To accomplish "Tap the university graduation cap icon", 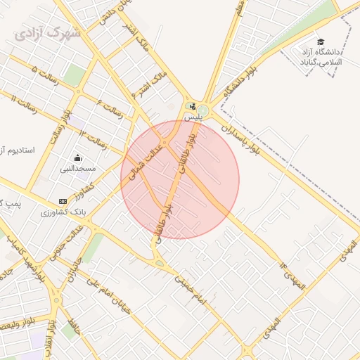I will click(x=321, y=41).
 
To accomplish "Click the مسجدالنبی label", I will click(x=77, y=169).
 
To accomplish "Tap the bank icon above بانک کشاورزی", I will click(x=63, y=201).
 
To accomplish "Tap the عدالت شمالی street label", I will click(x=146, y=162).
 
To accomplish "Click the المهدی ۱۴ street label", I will click(x=292, y=276).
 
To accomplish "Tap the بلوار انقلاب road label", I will click(x=51, y=337).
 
